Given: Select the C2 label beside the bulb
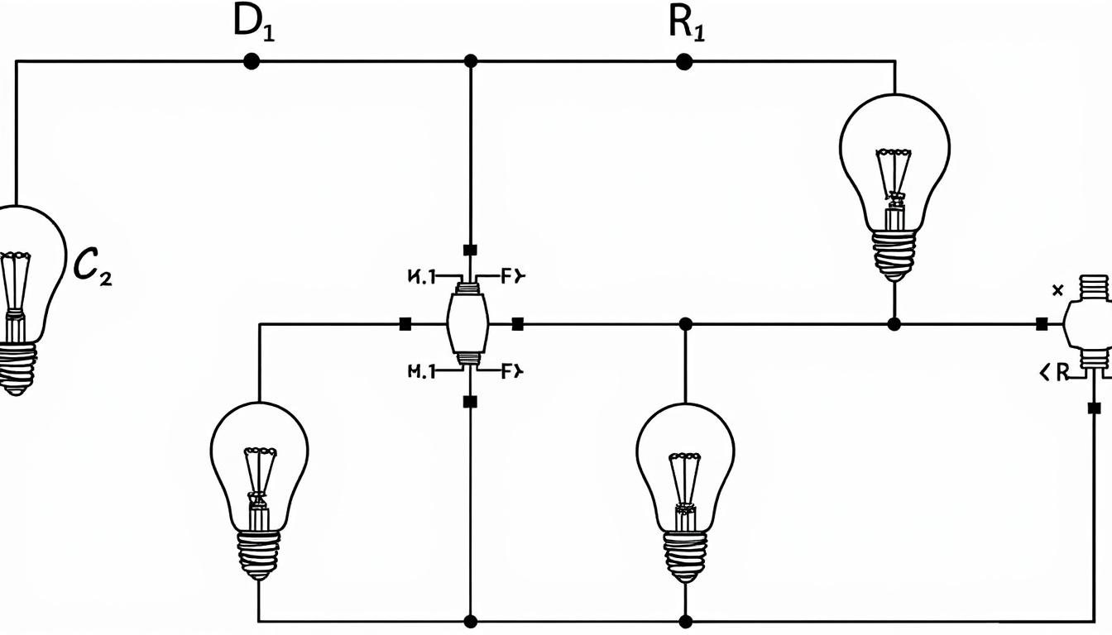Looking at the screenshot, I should (92, 266).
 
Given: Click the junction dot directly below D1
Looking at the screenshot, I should (251, 61).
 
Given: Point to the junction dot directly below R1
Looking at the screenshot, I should (683, 61).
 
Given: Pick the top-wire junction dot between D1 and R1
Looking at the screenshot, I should (471, 61).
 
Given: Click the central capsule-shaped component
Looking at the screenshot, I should (467, 324).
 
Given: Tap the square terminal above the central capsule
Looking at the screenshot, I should (470, 250).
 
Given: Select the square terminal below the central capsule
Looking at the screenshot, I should (470, 402).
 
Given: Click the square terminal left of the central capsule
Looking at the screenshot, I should (405, 324).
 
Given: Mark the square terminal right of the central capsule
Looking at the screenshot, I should (517, 324).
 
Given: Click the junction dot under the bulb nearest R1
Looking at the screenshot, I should (894, 324).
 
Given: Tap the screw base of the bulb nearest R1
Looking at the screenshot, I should (894, 252).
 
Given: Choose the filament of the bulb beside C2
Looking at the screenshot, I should (14, 281).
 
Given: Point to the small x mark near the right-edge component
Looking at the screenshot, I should (1056, 290).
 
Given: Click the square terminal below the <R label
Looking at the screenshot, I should (1094, 408).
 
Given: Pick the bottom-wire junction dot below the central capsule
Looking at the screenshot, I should (470, 620).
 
